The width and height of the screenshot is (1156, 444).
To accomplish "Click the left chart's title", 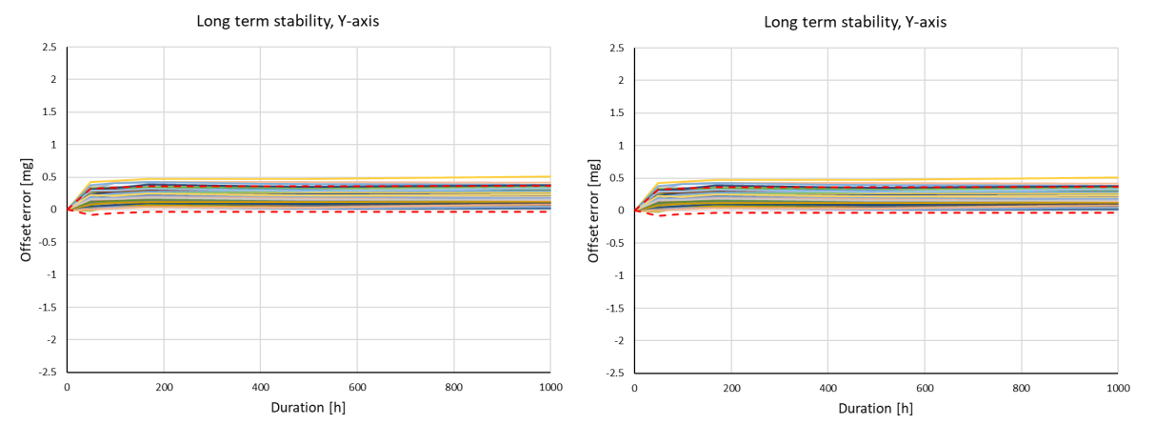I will coord(288,21).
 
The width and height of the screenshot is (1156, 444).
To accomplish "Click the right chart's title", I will coord(854,21).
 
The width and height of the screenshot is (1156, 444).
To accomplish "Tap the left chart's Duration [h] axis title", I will coord(308,409).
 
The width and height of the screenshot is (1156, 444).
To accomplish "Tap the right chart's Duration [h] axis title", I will coord(875,409).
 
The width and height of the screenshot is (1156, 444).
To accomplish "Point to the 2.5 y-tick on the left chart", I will coord(50,48).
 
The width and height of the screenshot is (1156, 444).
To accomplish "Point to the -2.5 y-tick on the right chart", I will coord(614,373).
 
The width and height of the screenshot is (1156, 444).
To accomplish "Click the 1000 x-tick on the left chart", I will coord(550,388).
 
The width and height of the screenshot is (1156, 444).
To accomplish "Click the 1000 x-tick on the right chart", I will coord(1118,388).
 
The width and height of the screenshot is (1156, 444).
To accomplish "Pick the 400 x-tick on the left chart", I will coord(260,388).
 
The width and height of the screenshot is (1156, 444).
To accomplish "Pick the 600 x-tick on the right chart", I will coord(925,388).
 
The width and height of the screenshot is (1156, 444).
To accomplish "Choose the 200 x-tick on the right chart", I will coord(731,388).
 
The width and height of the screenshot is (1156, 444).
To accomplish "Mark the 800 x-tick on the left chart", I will coord(454,388).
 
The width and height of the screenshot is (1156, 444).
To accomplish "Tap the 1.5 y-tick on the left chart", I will coord(50,112).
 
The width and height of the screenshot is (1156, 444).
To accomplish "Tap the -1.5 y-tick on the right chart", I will coord(614,308).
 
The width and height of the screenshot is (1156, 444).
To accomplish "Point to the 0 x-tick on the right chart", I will coord(634,388).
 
